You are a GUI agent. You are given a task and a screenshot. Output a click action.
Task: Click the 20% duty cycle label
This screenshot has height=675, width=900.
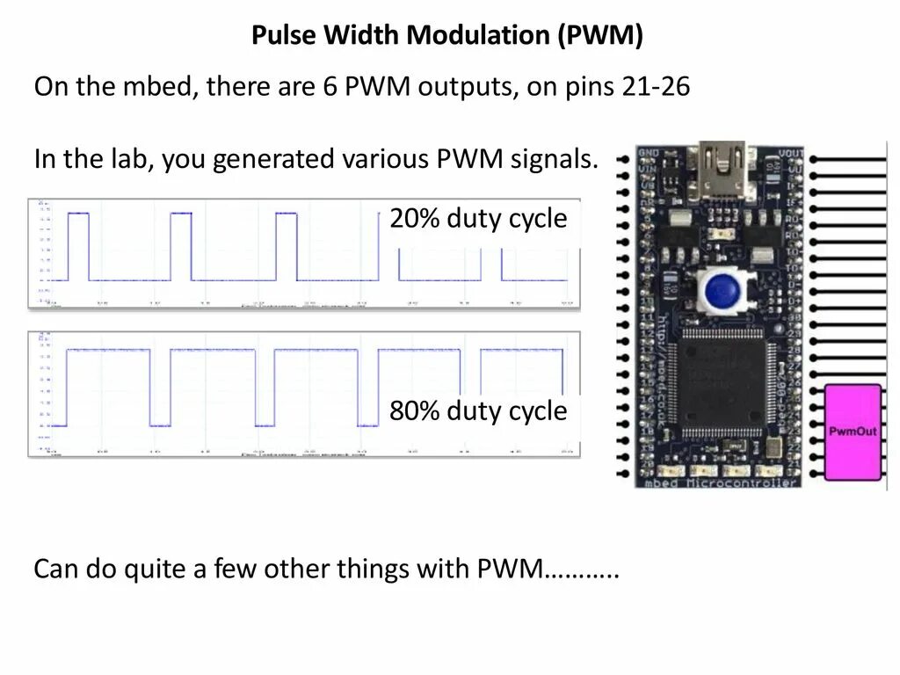click(x=478, y=219)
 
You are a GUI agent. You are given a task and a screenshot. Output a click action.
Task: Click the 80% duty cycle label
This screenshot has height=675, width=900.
click(x=478, y=410)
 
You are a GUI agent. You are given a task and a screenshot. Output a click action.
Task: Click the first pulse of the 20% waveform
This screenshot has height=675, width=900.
click(x=78, y=246)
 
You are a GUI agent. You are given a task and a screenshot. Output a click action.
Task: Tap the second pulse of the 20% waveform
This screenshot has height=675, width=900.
click(x=180, y=246)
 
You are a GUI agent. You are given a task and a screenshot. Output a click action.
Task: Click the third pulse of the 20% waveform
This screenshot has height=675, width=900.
click(x=287, y=246)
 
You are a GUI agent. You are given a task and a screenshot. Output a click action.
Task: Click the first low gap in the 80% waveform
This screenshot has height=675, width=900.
click(x=160, y=387)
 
